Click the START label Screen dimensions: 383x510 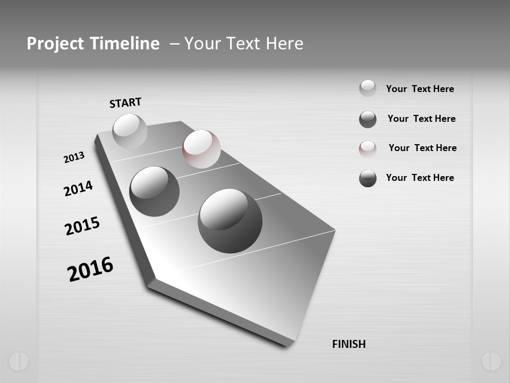125,103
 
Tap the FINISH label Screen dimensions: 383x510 348,344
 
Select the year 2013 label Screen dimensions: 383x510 74,157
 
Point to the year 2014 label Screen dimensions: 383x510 78,188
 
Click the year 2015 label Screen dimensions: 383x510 82,226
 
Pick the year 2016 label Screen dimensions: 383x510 90,269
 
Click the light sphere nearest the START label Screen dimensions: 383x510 130,131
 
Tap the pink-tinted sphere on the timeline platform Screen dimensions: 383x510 201,148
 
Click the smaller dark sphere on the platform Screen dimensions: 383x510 154,191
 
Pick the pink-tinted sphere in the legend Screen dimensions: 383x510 368,148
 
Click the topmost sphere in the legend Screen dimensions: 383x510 368,88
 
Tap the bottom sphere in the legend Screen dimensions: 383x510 368,178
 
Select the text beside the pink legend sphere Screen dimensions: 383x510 422,148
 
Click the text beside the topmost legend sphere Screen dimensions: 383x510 420,89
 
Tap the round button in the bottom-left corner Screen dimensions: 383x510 18,361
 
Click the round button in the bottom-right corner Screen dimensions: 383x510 491,361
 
